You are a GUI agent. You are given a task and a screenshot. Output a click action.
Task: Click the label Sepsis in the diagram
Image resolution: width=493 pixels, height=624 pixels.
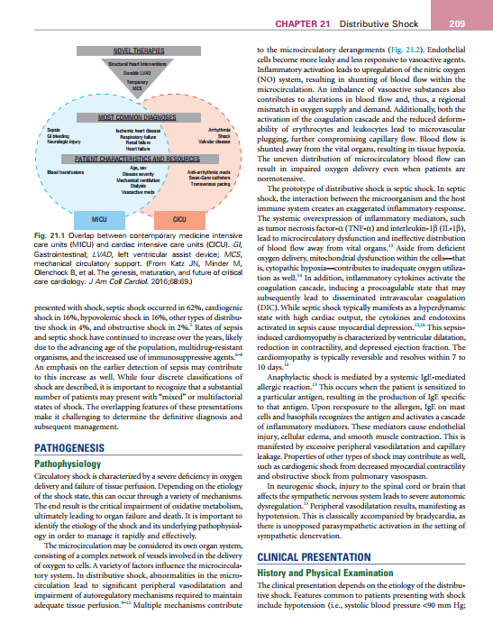click(x=41, y=131)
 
